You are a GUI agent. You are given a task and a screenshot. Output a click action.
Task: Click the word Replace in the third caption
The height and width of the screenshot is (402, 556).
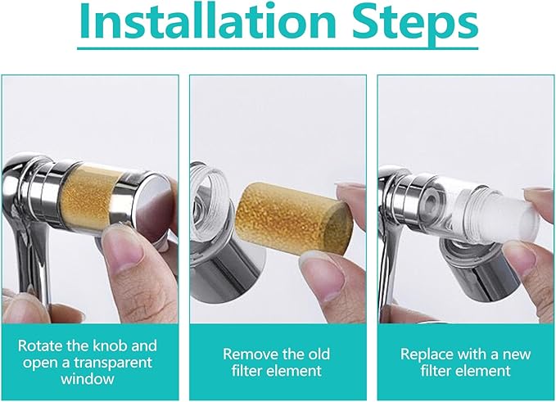point(425,354)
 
